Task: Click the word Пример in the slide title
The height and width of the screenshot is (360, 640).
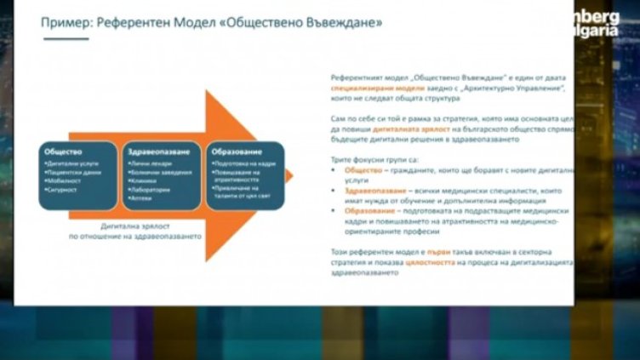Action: pos(67,20)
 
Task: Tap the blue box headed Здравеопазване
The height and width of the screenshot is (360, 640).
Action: pos(162,175)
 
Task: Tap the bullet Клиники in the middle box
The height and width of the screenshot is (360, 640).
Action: pos(144,180)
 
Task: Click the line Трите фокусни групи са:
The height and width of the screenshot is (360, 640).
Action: pos(370,158)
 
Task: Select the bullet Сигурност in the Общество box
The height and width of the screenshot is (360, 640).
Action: pos(67,190)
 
